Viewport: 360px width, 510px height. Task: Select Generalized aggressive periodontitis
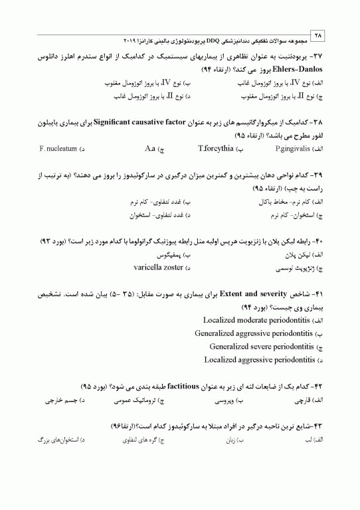(x=254, y=333)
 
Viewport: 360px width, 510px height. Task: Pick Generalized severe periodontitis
(x=262, y=347)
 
